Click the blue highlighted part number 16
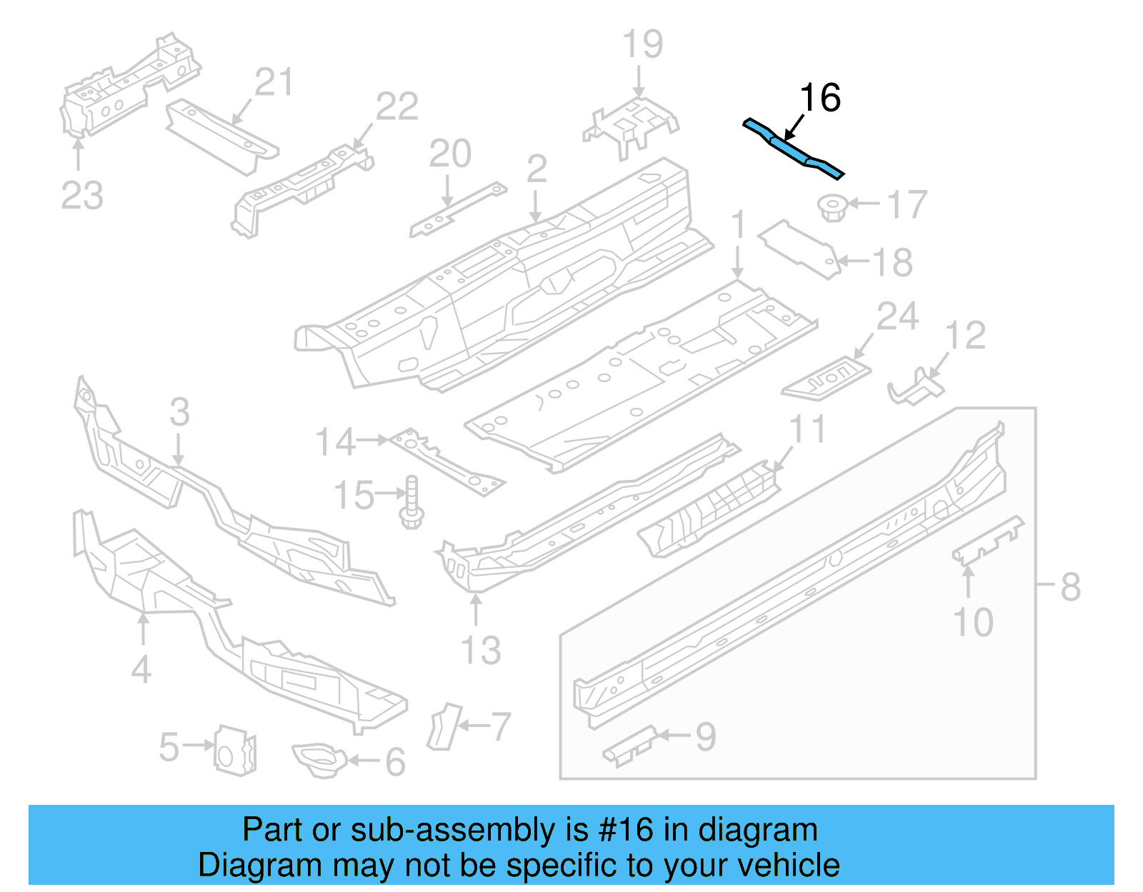pyautogui.click(x=793, y=150)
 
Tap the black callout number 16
pyautogui.click(x=820, y=98)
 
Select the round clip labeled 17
pyautogui.click(x=832, y=207)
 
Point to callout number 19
pyautogui.click(x=643, y=44)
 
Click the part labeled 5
pyautogui.click(x=235, y=749)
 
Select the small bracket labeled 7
pyautogui.click(x=444, y=726)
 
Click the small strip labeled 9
pyautogui.click(x=629, y=746)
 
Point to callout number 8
pyautogui.click(x=1069, y=587)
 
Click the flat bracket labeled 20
pyautogui.click(x=457, y=210)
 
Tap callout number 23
pyautogui.click(x=82, y=196)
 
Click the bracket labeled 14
pyautogui.click(x=446, y=461)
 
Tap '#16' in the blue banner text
pyautogui.click(x=626, y=830)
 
